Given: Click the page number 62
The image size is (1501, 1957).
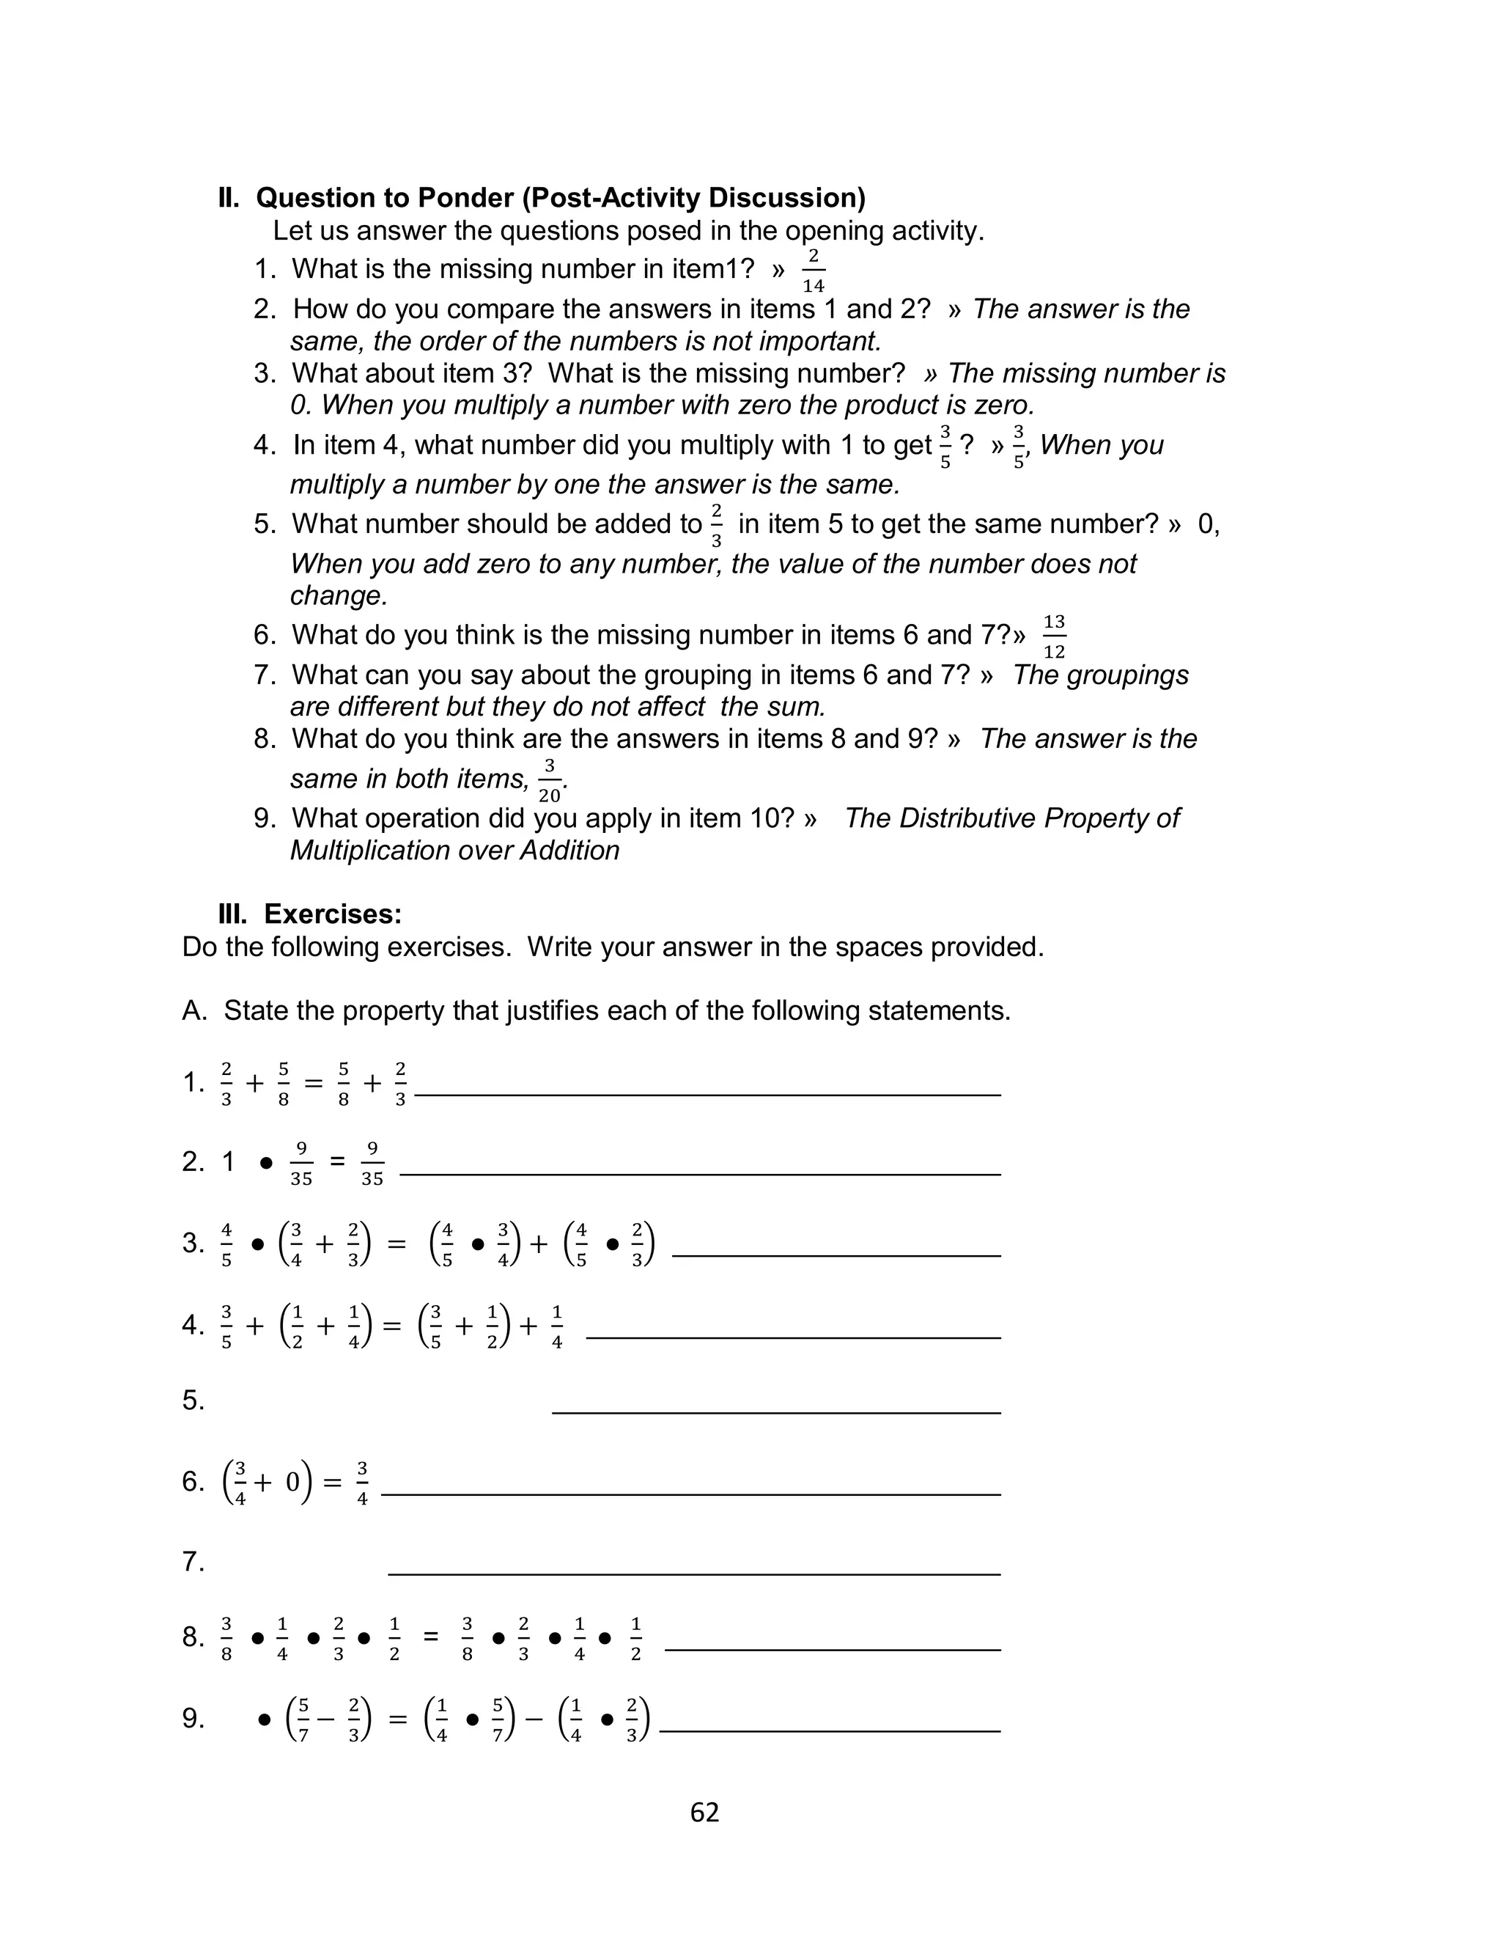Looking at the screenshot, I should pos(704,1813).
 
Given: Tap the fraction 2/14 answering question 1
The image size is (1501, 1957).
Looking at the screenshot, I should pos(813,271).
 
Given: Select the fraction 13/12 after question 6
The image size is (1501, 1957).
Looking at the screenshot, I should pos(1054,636).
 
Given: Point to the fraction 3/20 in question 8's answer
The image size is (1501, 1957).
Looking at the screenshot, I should pos(550,781).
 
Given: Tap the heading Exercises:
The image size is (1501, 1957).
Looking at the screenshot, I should pos(332,914).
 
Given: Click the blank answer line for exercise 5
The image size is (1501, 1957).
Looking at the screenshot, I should pos(775,1412).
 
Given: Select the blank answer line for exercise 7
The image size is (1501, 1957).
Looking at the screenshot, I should pos(693,1574).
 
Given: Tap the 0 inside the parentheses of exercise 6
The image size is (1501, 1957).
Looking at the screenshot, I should pos(292,1483).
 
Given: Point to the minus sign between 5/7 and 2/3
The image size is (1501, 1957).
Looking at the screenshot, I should pos(325,1719).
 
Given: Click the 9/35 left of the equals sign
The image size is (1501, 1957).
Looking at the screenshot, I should pos(301,1163).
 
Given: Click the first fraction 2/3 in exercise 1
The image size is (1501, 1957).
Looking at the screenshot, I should pos(226,1084).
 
